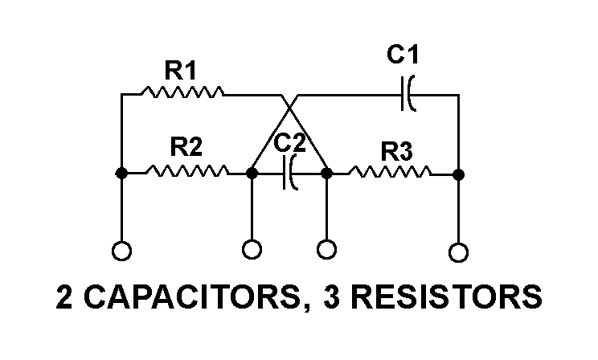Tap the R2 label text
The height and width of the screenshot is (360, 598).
point(186,147)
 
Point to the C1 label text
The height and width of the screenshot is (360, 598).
point(403,55)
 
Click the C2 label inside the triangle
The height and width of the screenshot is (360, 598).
point(289,145)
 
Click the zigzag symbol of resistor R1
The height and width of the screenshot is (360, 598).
point(182,94)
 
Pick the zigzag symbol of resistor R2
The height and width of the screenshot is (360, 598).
point(186,171)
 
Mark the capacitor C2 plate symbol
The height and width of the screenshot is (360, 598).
point(289,172)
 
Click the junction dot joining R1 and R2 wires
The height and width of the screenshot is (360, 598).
point(121,172)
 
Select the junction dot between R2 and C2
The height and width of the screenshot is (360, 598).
point(252,172)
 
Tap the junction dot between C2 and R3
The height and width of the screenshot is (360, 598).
point(327,172)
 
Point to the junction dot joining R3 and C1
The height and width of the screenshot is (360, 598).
point(458,172)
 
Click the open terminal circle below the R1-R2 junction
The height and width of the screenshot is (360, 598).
point(121,252)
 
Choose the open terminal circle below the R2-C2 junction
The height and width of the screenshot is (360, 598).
point(252,250)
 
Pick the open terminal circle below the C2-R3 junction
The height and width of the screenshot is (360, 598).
point(327,250)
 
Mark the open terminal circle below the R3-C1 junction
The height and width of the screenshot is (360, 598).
point(458,252)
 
